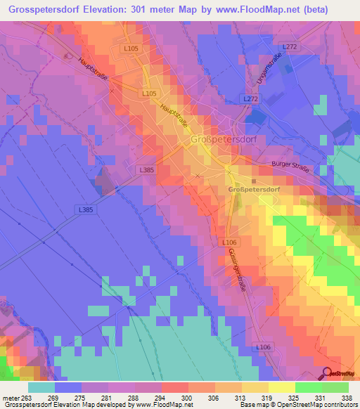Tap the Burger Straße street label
coord(290,167)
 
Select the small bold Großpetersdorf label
coord(254,190)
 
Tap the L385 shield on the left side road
coord(86,209)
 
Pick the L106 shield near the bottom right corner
coord(263,348)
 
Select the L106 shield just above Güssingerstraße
coord(229,242)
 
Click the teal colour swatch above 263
coord(41,387)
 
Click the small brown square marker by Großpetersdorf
coord(254,181)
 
